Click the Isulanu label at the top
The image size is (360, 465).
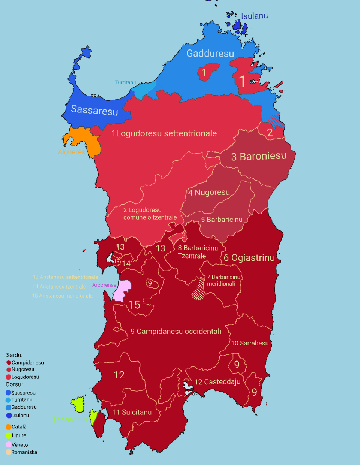pos(254,16)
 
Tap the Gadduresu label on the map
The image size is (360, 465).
pos(210,54)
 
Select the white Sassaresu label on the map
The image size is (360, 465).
pos(94,110)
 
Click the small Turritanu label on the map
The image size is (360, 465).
pos(125,82)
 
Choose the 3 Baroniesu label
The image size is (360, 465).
pos(259,156)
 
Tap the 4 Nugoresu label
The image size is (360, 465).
pos(209,193)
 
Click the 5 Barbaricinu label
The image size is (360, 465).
pos(222,220)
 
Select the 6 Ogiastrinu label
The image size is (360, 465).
pos(249,258)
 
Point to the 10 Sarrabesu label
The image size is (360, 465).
pos(250,343)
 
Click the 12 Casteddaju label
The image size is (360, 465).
pos(217,382)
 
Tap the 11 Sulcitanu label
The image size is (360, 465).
pos(132,412)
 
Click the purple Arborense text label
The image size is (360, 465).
pos(104,285)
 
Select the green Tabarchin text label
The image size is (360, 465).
pos(69,420)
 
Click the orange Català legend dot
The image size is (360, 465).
pos(9,427)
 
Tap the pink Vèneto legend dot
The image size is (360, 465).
pos(9,445)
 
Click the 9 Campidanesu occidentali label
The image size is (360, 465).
pos(176,332)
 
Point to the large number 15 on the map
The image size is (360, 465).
pos(134,305)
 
